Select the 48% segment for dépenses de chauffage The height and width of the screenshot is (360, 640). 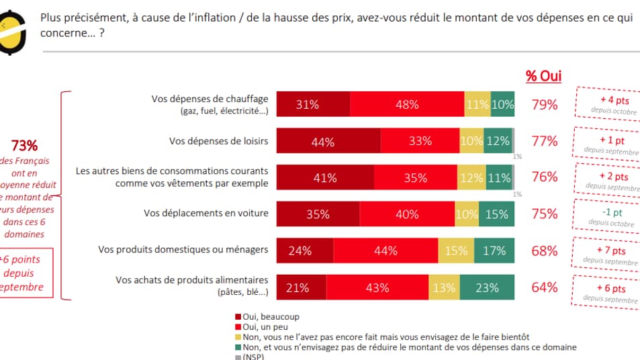(407, 105)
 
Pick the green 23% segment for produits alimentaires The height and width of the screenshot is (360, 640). (488, 287)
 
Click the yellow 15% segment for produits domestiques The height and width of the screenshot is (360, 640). (457, 251)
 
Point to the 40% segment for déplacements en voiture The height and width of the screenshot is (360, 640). (407, 214)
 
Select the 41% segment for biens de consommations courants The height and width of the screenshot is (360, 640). (325, 178)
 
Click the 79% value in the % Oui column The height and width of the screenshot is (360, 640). (544, 105)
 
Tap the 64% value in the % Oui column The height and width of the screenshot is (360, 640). (544, 287)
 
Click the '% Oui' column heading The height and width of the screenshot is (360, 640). (543, 76)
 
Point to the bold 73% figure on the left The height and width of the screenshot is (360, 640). (25, 146)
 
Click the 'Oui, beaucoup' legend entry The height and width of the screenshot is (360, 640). (267, 316)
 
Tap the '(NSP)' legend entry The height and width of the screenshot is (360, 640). (253, 357)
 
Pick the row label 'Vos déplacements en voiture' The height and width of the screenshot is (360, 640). (205, 214)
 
